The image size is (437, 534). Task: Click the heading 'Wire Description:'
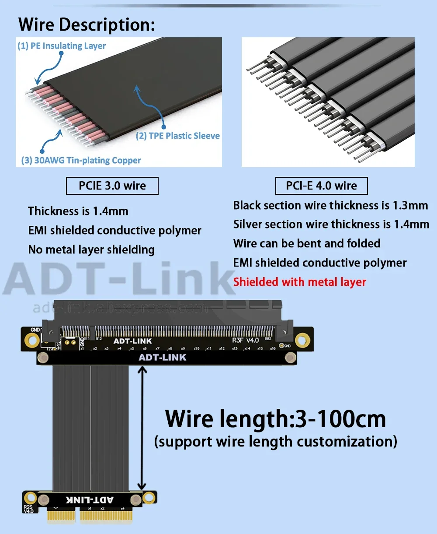[x=87, y=25]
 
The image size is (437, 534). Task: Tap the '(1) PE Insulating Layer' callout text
[x=62, y=46]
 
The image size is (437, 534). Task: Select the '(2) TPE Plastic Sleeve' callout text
[x=178, y=136]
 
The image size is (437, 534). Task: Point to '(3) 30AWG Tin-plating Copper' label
[x=81, y=160]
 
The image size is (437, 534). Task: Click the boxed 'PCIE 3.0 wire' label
[x=112, y=186]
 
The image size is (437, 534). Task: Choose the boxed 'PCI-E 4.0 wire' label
[x=321, y=186]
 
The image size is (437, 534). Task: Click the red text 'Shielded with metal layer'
[x=299, y=282]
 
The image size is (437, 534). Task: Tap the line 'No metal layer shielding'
[x=91, y=249]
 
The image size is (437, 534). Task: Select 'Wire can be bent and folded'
[x=307, y=243]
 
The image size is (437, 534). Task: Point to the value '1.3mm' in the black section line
[x=410, y=205]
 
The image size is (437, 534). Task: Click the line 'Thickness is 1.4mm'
[x=78, y=211]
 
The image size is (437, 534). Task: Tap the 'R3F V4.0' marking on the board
[x=245, y=340]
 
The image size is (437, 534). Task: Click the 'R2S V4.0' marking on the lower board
[x=28, y=509]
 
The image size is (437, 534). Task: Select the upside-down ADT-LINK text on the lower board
[x=90, y=499]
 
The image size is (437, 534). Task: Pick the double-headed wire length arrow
[x=142, y=428]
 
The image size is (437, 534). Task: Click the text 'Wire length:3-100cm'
[x=275, y=419]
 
